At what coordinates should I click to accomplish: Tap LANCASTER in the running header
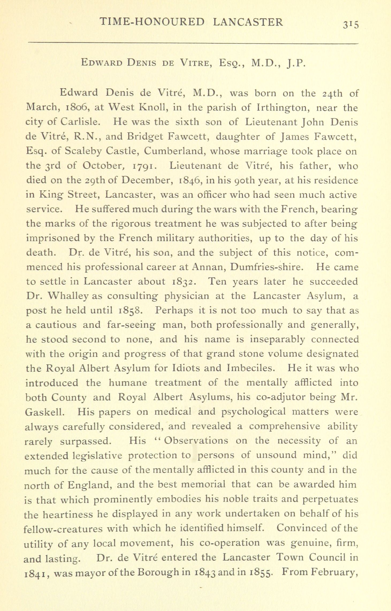click(x=248, y=22)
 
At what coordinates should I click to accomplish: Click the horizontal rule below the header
click(x=193, y=43)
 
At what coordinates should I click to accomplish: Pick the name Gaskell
click(x=44, y=412)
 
